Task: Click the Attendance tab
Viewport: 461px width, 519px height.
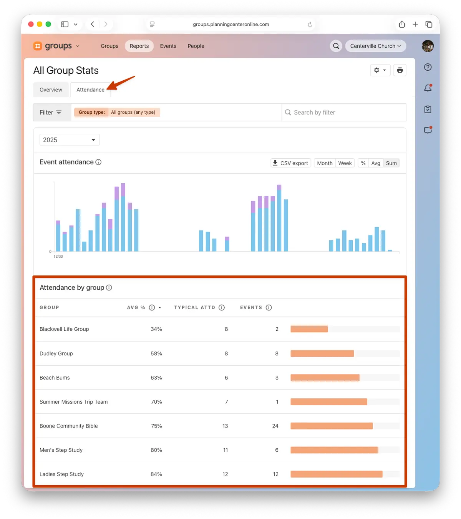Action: pyautogui.click(x=90, y=90)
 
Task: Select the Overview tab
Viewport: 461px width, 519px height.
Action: pyautogui.click(x=51, y=90)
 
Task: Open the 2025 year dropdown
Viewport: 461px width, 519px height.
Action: pyautogui.click(x=70, y=140)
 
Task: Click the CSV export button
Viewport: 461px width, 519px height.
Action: pyautogui.click(x=290, y=163)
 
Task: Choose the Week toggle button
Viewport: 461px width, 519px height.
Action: pyautogui.click(x=345, y=163)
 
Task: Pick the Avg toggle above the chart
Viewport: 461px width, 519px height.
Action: pyautogui.click(x=375, y=163)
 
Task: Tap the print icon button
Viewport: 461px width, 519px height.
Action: pyautogui.click(x=400, y=70)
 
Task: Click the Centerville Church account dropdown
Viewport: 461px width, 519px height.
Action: pyautogui.click(x=375, y=46)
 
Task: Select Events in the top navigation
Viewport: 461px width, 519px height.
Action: pyautogui.click(x=168, y=46)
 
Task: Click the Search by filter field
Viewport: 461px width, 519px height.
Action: pyautogui.click(x=343, y=113)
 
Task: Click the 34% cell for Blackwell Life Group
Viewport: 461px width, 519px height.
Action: pyautogui.click(x=156, y=329)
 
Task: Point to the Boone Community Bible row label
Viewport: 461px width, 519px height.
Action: pyautogui.click(x=69, y=426)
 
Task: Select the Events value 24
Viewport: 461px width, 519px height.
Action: pyautogui.click(x=275, y=426)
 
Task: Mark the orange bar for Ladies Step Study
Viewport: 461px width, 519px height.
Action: pyautogui.click(x=336, y=474)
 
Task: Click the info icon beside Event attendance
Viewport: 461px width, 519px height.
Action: pyautogui.click(x=98, y=162)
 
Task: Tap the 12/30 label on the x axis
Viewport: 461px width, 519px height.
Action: pyautogui.click(x=58, y=256)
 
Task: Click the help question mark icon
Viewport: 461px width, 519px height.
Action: pyautogui.click(x=428, y=67)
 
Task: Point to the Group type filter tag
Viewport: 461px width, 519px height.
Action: pyautogui.click(x=117, y=112)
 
